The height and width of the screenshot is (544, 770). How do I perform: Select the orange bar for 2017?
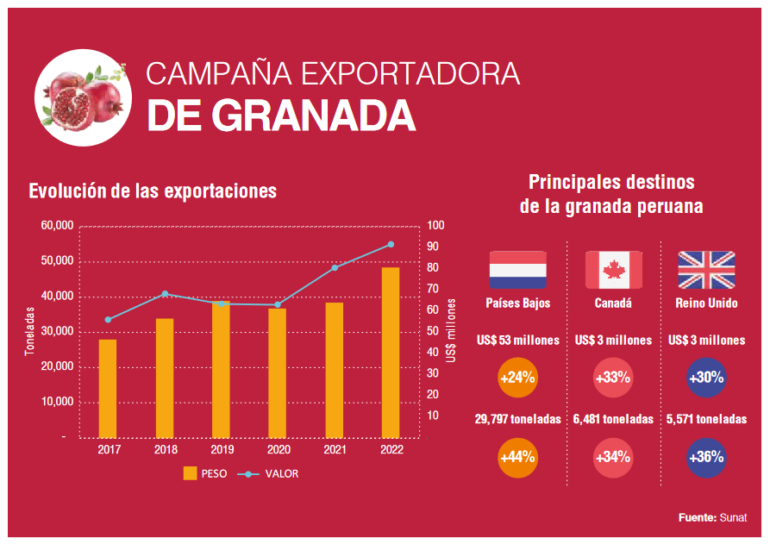click(108, 388)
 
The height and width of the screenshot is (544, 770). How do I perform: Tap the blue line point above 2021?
click(335, 267)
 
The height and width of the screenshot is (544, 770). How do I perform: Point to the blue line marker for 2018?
click(165, 294)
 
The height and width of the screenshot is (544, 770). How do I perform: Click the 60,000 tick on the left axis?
click(57, 226)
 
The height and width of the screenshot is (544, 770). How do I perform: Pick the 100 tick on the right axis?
click(435, 226)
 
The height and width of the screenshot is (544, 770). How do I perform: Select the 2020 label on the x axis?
click(278, 450)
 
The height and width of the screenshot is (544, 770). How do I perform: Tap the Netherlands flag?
click(517, 270)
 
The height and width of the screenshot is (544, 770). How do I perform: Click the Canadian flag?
click(613, 270)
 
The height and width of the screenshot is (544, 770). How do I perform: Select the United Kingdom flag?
click(706, 270)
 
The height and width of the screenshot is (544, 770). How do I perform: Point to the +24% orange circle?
click(517, 378)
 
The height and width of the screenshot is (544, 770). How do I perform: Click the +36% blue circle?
click(706, 457)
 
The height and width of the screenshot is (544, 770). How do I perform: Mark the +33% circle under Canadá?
click(613, 378)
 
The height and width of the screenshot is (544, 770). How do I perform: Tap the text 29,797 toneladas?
click(517, 419)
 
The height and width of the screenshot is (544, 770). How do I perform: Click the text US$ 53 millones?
click(517, 341)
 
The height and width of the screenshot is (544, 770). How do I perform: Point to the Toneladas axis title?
click(28, 332)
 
